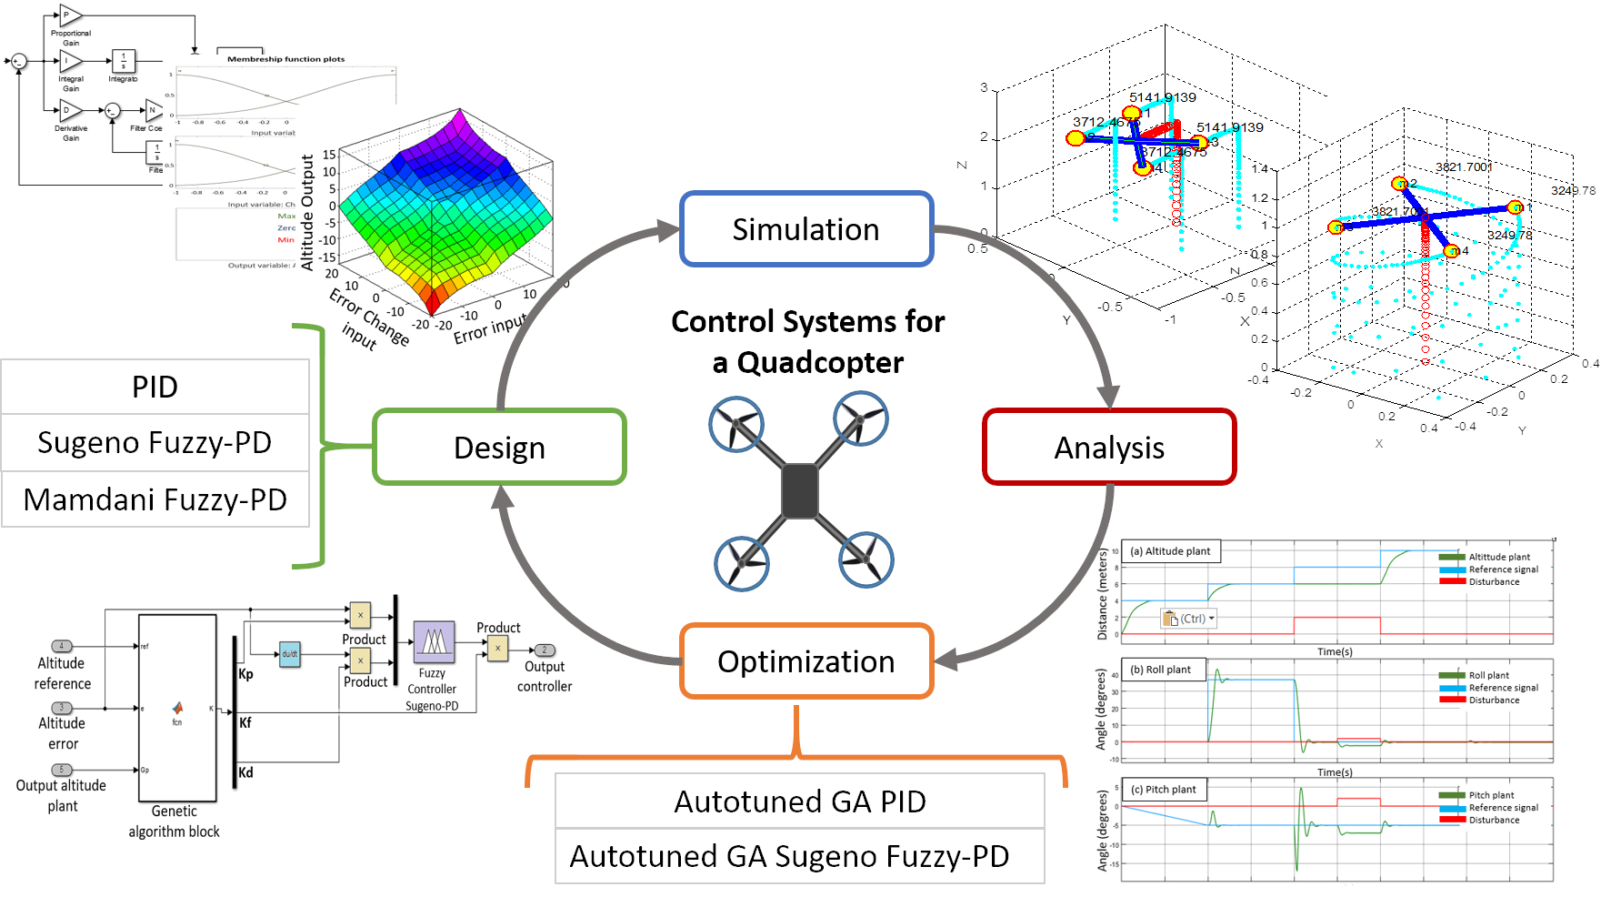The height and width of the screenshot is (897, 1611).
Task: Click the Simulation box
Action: click(806, 229)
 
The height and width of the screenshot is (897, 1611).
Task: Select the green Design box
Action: click(499, 448)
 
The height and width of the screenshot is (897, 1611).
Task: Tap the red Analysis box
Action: click(1109, 448)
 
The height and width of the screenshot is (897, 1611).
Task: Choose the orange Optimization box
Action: click(806, 661)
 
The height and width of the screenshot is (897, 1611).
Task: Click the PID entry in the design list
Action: click(155, 388)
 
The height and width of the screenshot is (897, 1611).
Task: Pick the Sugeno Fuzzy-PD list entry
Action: click(155, 443)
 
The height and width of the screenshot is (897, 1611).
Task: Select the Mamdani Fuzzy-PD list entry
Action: click(155, 499)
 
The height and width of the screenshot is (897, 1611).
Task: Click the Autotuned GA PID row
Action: click(799, 801)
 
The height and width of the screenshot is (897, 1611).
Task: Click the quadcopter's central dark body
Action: click(800, 491)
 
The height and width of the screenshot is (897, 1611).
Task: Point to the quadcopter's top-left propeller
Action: click(735, 424)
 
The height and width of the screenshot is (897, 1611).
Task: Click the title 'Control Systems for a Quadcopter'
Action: click(807, 341)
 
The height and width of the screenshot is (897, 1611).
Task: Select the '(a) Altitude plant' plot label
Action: click(1171, 551)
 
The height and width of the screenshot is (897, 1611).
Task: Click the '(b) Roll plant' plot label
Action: click(1166, 670)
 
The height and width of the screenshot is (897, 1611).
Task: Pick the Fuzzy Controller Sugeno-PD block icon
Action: click(434, 642)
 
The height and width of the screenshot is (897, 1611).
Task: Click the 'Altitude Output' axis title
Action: click(307, 212)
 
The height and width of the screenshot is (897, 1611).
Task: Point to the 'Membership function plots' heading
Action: click(285, 59)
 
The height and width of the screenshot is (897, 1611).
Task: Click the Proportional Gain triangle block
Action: click(70, 15)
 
